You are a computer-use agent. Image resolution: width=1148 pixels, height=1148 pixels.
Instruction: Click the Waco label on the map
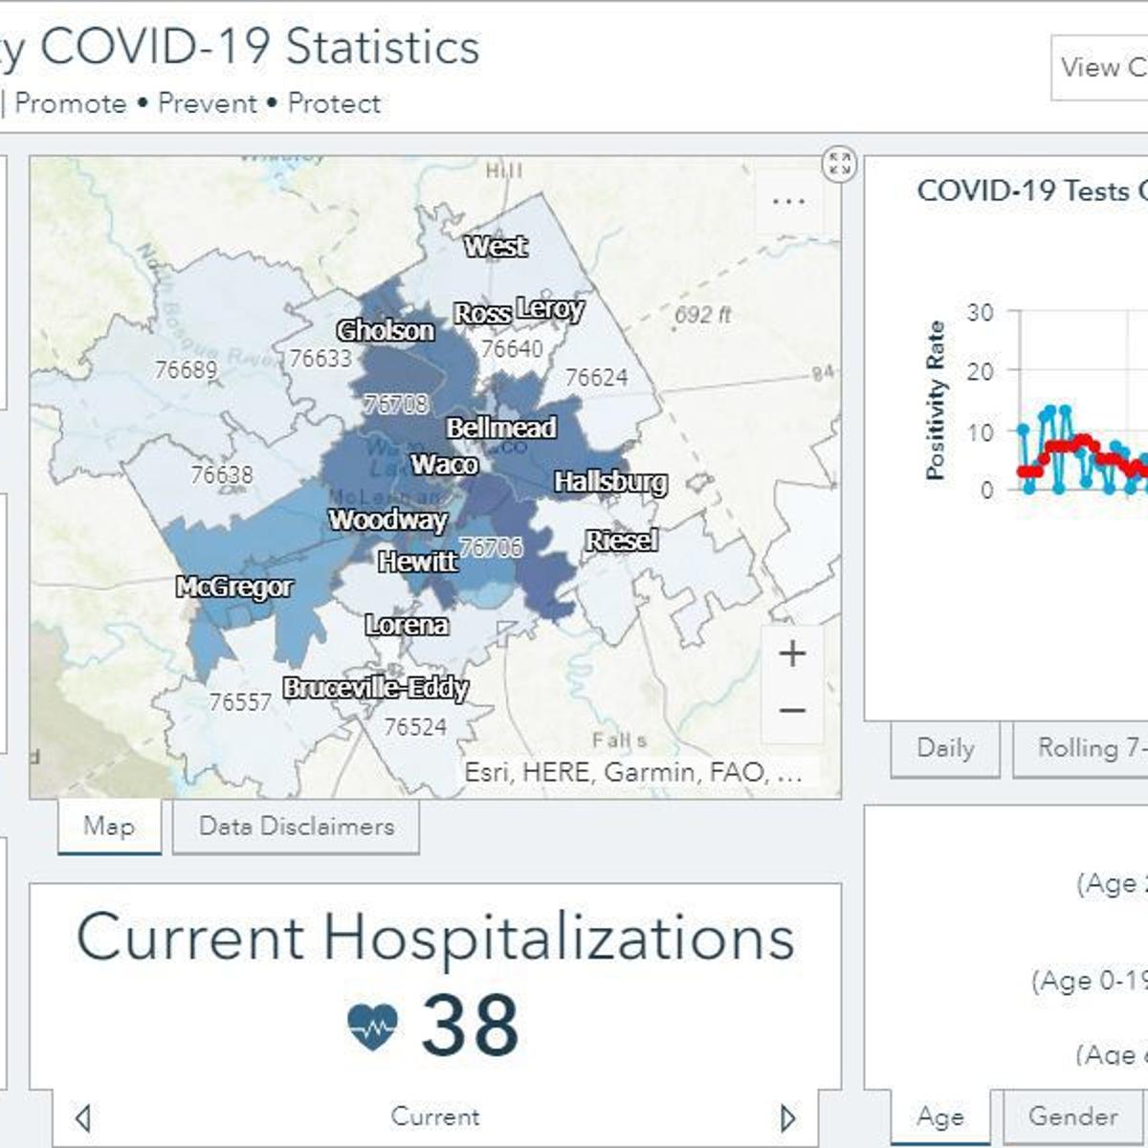[x=444, y=465]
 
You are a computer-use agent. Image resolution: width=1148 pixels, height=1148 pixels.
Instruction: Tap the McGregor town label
[x=234, y=586]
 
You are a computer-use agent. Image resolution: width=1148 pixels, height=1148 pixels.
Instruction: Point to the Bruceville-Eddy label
[x=375, y=688]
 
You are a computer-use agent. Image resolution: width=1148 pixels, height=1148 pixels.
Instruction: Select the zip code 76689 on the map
[x=186, y=369]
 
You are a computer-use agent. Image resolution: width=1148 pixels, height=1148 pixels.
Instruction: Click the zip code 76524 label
[x=415, y=727]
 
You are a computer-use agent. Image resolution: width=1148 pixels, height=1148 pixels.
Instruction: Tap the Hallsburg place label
[x=610, y=482]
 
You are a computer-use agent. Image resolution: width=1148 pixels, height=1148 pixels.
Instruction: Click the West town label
[x=496, y=247]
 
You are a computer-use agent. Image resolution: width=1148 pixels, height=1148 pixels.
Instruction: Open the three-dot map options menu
[x=787, y=202]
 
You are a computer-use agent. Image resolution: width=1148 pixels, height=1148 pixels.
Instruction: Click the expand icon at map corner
[x=839, y=164]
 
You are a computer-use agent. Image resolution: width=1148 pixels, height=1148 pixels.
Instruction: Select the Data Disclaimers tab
[x=296, y=827]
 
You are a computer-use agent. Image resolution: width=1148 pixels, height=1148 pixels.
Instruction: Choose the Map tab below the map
[x=109, y=827]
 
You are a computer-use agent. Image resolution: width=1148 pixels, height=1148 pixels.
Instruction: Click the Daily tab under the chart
[x=945, y=748]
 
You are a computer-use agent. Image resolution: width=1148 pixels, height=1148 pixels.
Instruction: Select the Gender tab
[x=1072, y=1116]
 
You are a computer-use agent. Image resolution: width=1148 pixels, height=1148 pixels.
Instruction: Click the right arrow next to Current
[x=787, y=1117]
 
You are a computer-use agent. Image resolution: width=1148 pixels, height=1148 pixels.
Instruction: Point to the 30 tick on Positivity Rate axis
[x=980, y=313]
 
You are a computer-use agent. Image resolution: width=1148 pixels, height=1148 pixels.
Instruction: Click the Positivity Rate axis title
[x=936, y=400]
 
